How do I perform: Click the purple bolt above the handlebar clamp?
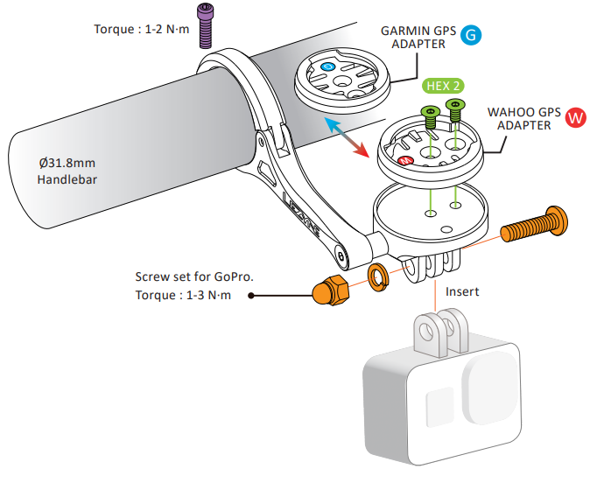(205, 24)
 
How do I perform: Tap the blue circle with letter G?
(471, 36)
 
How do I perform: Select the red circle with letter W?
(575, 118)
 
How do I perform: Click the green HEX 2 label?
(442, 86)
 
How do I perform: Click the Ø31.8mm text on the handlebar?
(67, 164)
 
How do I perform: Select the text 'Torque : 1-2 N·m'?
(141, 29)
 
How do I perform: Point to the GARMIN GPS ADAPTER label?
(418, 37)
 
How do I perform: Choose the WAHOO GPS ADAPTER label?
(524, 118)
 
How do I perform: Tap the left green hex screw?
(430, 115)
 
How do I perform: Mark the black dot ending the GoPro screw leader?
(251, 296)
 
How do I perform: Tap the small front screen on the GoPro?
(437, 408)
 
